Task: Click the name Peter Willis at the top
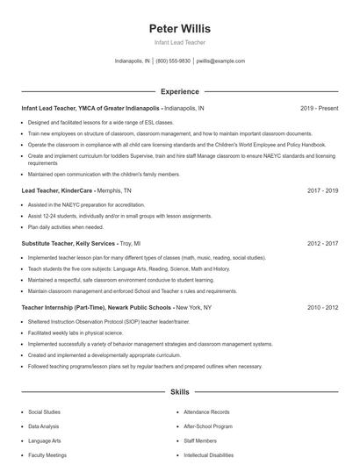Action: [180, 28]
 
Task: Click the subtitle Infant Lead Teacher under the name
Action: [180, 42]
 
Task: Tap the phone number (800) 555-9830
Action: [173, 61]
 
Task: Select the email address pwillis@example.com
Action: [220, 61]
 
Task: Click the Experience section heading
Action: [180, 91]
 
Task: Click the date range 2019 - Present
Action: [319, 108]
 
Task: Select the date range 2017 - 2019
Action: [323, 190]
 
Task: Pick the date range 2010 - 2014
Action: [323, 307]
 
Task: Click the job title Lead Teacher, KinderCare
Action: [56, 190]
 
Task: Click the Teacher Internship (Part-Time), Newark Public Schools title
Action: [96, 307]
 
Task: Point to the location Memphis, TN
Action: [114, 190]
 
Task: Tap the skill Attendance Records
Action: [206, 411]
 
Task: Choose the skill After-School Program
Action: [208, 426]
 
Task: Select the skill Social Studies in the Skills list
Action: [45, 411]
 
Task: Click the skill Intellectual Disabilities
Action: [209, 455]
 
